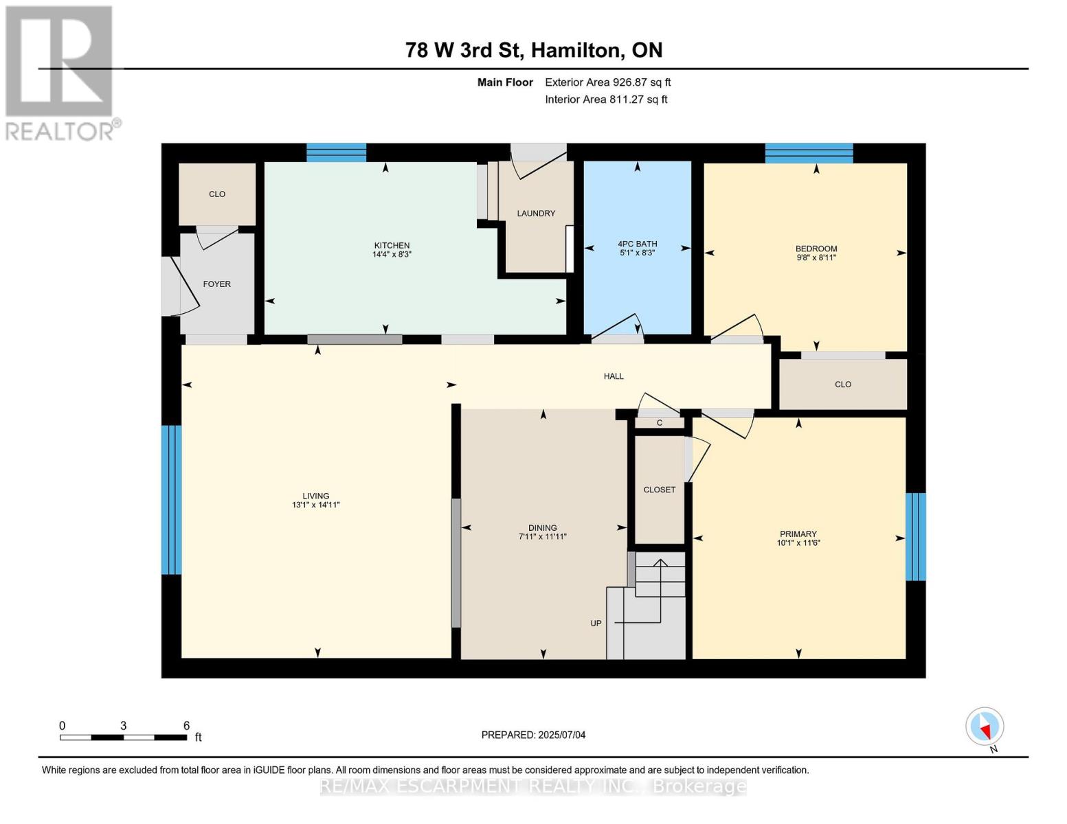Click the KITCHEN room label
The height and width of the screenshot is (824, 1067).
tap(392, 245)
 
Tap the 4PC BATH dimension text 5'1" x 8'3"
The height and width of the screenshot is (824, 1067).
tap(638, 253)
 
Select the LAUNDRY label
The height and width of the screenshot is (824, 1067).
tap(536, 214)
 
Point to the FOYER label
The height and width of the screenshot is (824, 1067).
tap(216, 284)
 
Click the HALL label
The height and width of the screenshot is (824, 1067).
tap(614, 376)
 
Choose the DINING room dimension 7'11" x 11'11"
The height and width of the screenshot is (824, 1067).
tap(543, 536)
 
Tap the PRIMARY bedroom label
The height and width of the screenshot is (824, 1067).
tap(798, 534)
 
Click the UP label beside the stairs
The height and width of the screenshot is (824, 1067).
tap(596, 623)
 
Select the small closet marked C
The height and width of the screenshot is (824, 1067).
tap(660, 422)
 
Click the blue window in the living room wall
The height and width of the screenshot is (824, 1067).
tap(171, 500)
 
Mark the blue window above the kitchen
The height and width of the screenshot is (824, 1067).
tap(337, 152)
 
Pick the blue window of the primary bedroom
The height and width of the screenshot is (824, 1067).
tap(916, 537)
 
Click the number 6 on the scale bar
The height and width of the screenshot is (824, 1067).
tap(187, 726)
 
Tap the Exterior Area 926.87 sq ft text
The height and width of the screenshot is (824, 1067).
tap(608, 82)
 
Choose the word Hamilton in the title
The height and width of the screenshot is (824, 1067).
tap(576, 51)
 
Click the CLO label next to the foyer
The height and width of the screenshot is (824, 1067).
tap(217, 194)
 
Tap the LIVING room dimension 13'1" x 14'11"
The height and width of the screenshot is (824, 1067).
tap(316, 505)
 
